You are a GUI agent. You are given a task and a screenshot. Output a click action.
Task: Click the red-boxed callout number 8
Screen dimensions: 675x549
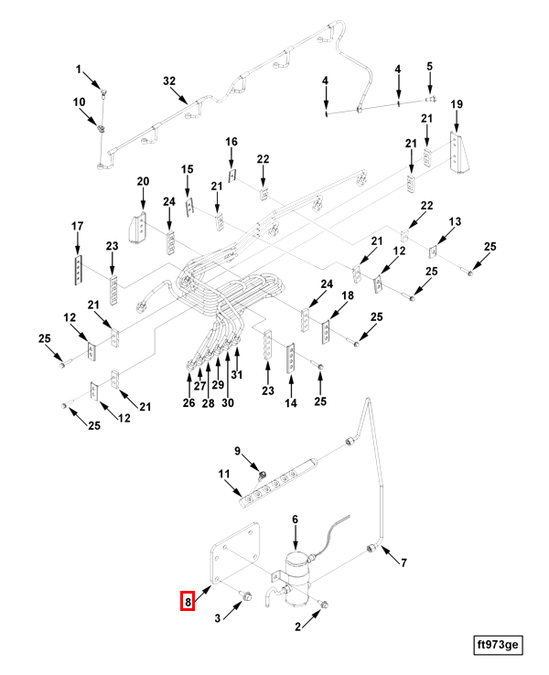point(188,602)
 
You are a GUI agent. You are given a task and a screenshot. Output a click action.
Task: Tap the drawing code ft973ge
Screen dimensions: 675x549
point(497,646)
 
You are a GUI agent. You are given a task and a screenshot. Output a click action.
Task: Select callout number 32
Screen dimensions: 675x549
point(168,81)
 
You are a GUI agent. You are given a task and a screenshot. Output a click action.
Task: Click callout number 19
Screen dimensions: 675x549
point(457,105)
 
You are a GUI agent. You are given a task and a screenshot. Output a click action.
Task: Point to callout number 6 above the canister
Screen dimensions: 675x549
point(295,520)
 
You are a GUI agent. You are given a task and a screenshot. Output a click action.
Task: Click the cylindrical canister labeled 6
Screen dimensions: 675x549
point(296,573)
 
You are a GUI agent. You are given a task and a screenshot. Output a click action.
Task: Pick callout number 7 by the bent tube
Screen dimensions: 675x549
point(402,562)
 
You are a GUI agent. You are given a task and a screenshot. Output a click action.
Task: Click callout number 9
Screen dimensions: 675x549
point(237,451)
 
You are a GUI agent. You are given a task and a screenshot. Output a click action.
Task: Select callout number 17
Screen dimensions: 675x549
point(78,226)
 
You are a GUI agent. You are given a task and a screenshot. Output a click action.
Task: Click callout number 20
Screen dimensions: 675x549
point(143,181)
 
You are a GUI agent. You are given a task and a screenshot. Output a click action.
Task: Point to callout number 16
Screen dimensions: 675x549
point(231,142)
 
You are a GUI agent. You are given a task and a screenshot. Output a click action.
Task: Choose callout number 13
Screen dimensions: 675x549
point(455,222)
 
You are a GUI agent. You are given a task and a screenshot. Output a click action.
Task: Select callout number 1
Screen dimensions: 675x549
point(79,70)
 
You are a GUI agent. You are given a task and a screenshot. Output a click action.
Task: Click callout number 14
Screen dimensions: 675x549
point(292,403)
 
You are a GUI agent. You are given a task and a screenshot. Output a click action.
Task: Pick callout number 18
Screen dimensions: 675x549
point(348,296)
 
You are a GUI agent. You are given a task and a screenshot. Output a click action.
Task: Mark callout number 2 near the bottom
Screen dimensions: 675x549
point(297,627)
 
